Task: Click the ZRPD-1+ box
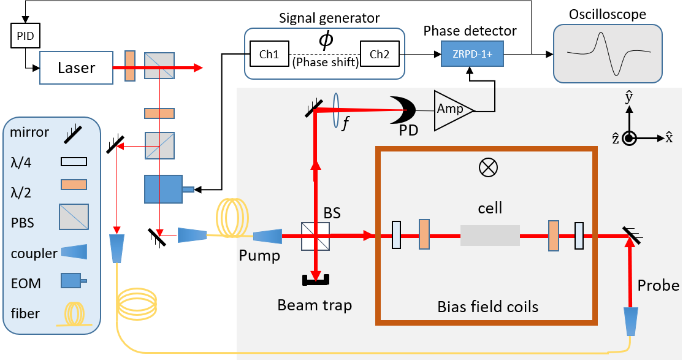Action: (471, 55)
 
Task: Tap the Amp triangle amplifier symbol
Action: (451, 110)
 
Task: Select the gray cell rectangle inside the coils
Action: (490, 235)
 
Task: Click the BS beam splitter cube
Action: (315, 236)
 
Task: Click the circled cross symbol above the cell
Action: (488, 167)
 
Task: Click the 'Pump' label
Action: (259, 255)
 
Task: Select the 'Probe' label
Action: (658, 285)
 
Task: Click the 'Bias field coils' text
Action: (487, 307)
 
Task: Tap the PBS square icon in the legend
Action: (74, 217)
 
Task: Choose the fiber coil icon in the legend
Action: (74, 313)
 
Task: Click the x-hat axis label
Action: (669, 138)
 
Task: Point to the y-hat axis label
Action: (628, 98)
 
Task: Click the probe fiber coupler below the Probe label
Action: (631, 321)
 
